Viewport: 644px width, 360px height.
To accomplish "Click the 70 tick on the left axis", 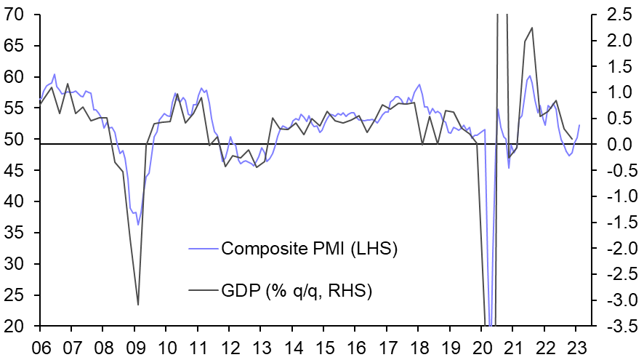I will (x=12, y=15).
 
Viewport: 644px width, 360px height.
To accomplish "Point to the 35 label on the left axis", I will (x=12, y=233).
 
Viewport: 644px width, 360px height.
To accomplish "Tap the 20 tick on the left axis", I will (x=12, y=326).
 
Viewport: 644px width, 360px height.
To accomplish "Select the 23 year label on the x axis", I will (x=574, y=346).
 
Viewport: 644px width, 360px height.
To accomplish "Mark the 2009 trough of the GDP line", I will (x=138, y=305).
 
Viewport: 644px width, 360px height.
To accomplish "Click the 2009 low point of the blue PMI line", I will (x=138, y=225).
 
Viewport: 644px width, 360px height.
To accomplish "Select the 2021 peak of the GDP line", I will (x=532, y=28).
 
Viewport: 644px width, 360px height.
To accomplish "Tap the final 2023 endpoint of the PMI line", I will (x=579, y=125).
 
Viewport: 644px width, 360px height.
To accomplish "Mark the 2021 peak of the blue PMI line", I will (x=529, y=76).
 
